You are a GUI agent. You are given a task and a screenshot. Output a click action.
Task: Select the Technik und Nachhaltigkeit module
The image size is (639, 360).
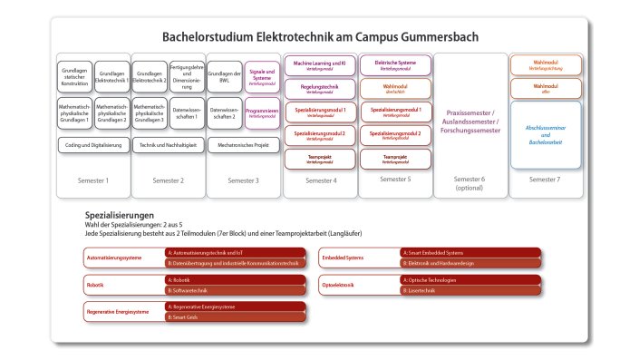[169, 144]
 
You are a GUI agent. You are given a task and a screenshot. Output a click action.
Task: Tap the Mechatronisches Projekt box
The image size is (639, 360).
[244, 144]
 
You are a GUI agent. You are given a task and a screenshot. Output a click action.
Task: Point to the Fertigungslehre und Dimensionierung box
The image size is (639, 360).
[187, 75]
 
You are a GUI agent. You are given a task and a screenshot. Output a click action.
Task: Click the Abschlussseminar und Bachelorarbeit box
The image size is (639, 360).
[545, 133]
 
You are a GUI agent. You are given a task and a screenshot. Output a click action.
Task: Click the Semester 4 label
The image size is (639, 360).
[320, 180]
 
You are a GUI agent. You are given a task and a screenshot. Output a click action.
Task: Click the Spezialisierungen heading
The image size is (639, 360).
[126, 214]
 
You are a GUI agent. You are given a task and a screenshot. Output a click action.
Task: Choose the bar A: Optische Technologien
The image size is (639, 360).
[470, 280]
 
